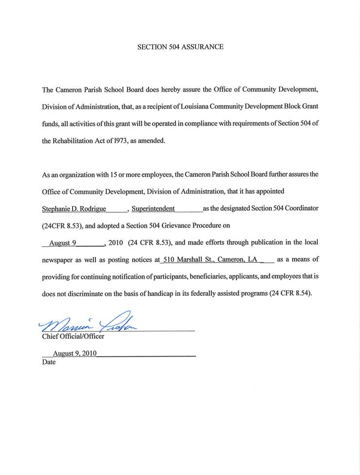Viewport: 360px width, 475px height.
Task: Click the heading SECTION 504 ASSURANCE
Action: (180, 47)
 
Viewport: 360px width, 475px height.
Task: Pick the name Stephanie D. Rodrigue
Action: (74, 209)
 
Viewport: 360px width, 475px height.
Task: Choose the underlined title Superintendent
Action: (153, 209)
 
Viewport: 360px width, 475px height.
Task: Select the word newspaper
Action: (58, 260)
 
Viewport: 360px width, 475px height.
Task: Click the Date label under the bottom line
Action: (49, 363)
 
